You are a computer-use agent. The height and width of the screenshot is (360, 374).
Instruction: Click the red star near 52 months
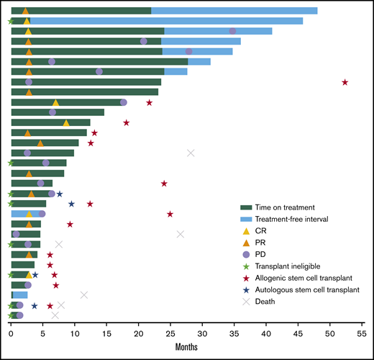(345, 82)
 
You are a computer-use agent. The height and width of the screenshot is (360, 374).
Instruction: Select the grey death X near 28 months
(191, 153)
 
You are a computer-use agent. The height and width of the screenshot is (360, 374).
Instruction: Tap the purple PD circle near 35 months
(232, 31)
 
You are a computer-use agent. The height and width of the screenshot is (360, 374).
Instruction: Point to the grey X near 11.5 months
(84, 294)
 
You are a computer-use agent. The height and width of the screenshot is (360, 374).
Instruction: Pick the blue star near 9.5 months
(71, 204)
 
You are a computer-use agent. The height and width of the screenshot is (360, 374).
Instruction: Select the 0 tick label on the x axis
(11, 333)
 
